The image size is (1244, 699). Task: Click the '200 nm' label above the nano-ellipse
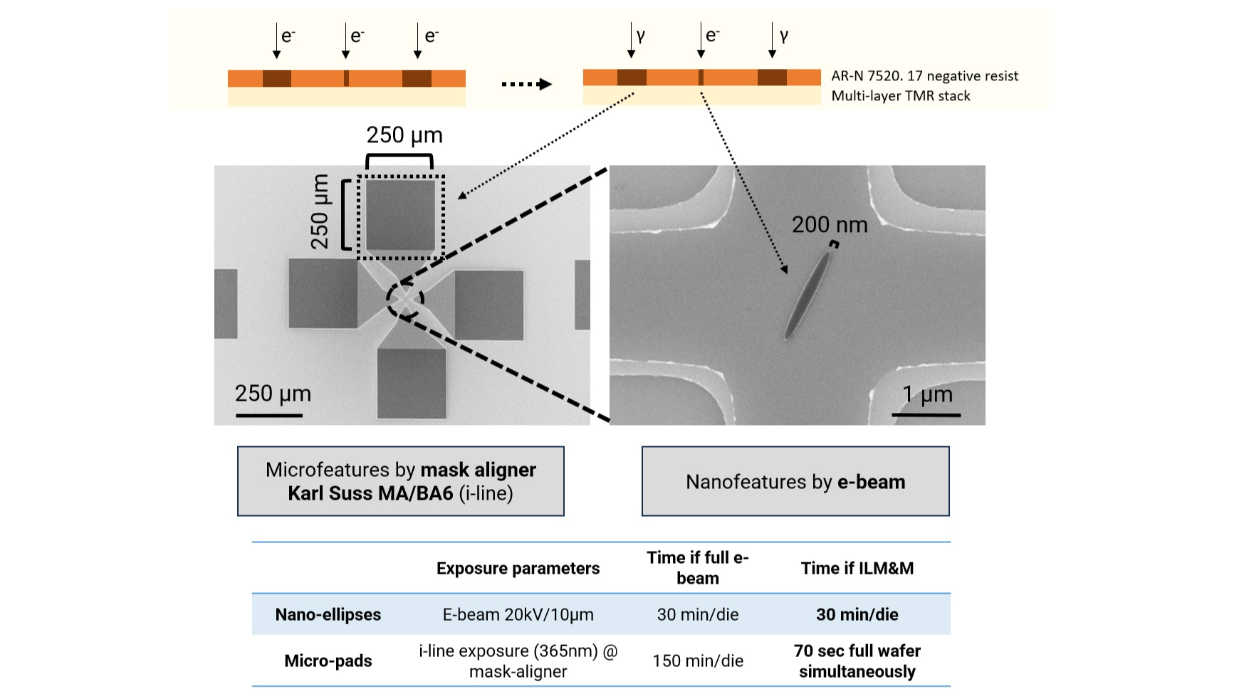[830, 225]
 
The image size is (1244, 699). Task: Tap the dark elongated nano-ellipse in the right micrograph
[807, 294]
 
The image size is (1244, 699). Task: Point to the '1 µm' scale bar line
[926, 414]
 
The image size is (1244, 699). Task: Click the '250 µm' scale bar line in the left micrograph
[269, 414]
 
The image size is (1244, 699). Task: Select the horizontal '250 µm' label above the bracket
[404, 135]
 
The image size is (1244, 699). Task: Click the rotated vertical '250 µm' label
[320, 211]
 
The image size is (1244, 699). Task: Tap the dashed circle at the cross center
[405, 300]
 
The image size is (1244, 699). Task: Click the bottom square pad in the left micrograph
[412, 383]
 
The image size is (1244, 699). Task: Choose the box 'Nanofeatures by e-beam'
[795, 481]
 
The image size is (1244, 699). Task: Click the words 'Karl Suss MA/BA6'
[370, 493]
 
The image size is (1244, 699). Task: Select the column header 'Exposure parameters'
[518, 568]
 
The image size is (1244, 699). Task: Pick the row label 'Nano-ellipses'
[328, 614]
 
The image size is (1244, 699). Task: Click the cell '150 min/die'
[698, 661]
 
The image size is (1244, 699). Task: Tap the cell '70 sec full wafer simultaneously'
[857, 661]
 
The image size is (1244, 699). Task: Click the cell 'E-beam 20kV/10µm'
[518, 614]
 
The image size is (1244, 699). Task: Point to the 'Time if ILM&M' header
[857, 568]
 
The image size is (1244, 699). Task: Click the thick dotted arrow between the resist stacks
[527, 84]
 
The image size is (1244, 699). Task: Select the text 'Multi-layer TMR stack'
[901, 95]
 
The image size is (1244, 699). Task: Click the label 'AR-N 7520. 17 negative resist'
[925, 75]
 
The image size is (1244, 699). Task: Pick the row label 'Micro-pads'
[328, 661]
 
